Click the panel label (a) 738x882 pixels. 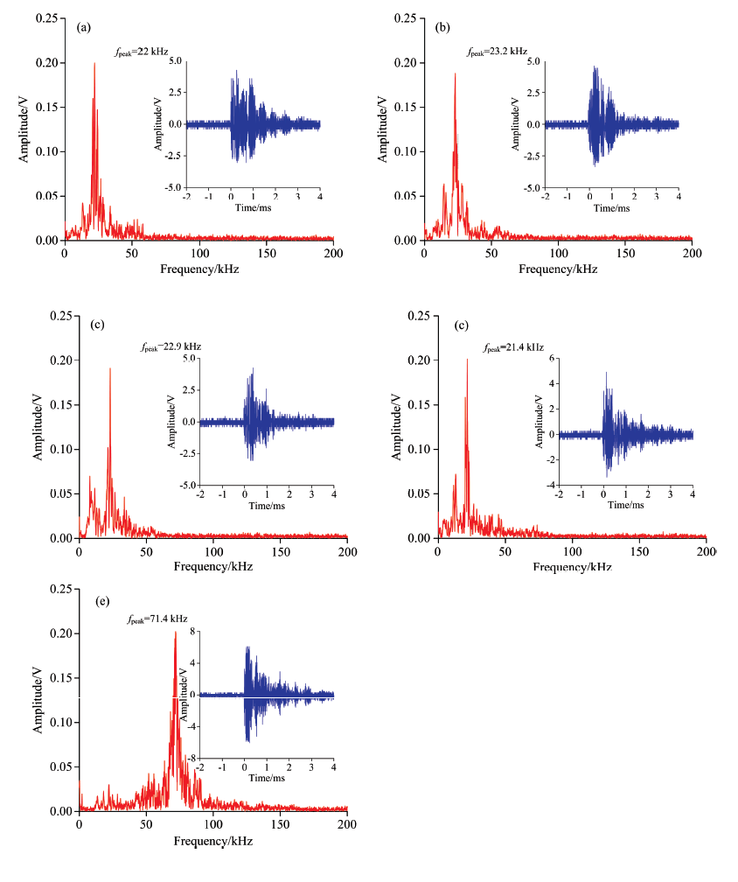point(85,28)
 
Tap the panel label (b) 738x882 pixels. point(443,28)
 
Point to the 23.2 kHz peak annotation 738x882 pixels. point(497,52)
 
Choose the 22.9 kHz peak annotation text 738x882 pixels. point(171,347)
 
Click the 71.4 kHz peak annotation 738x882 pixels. point(157,619)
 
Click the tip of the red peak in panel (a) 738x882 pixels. point(94,63)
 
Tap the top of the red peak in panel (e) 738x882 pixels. point(175,632)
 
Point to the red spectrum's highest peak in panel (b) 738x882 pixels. point(456,73)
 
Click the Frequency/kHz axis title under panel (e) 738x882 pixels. point(213,841)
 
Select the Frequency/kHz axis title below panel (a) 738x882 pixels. point(199,269)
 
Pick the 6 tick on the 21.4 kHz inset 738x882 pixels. point(551,358)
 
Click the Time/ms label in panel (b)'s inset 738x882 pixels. point(611,209)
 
